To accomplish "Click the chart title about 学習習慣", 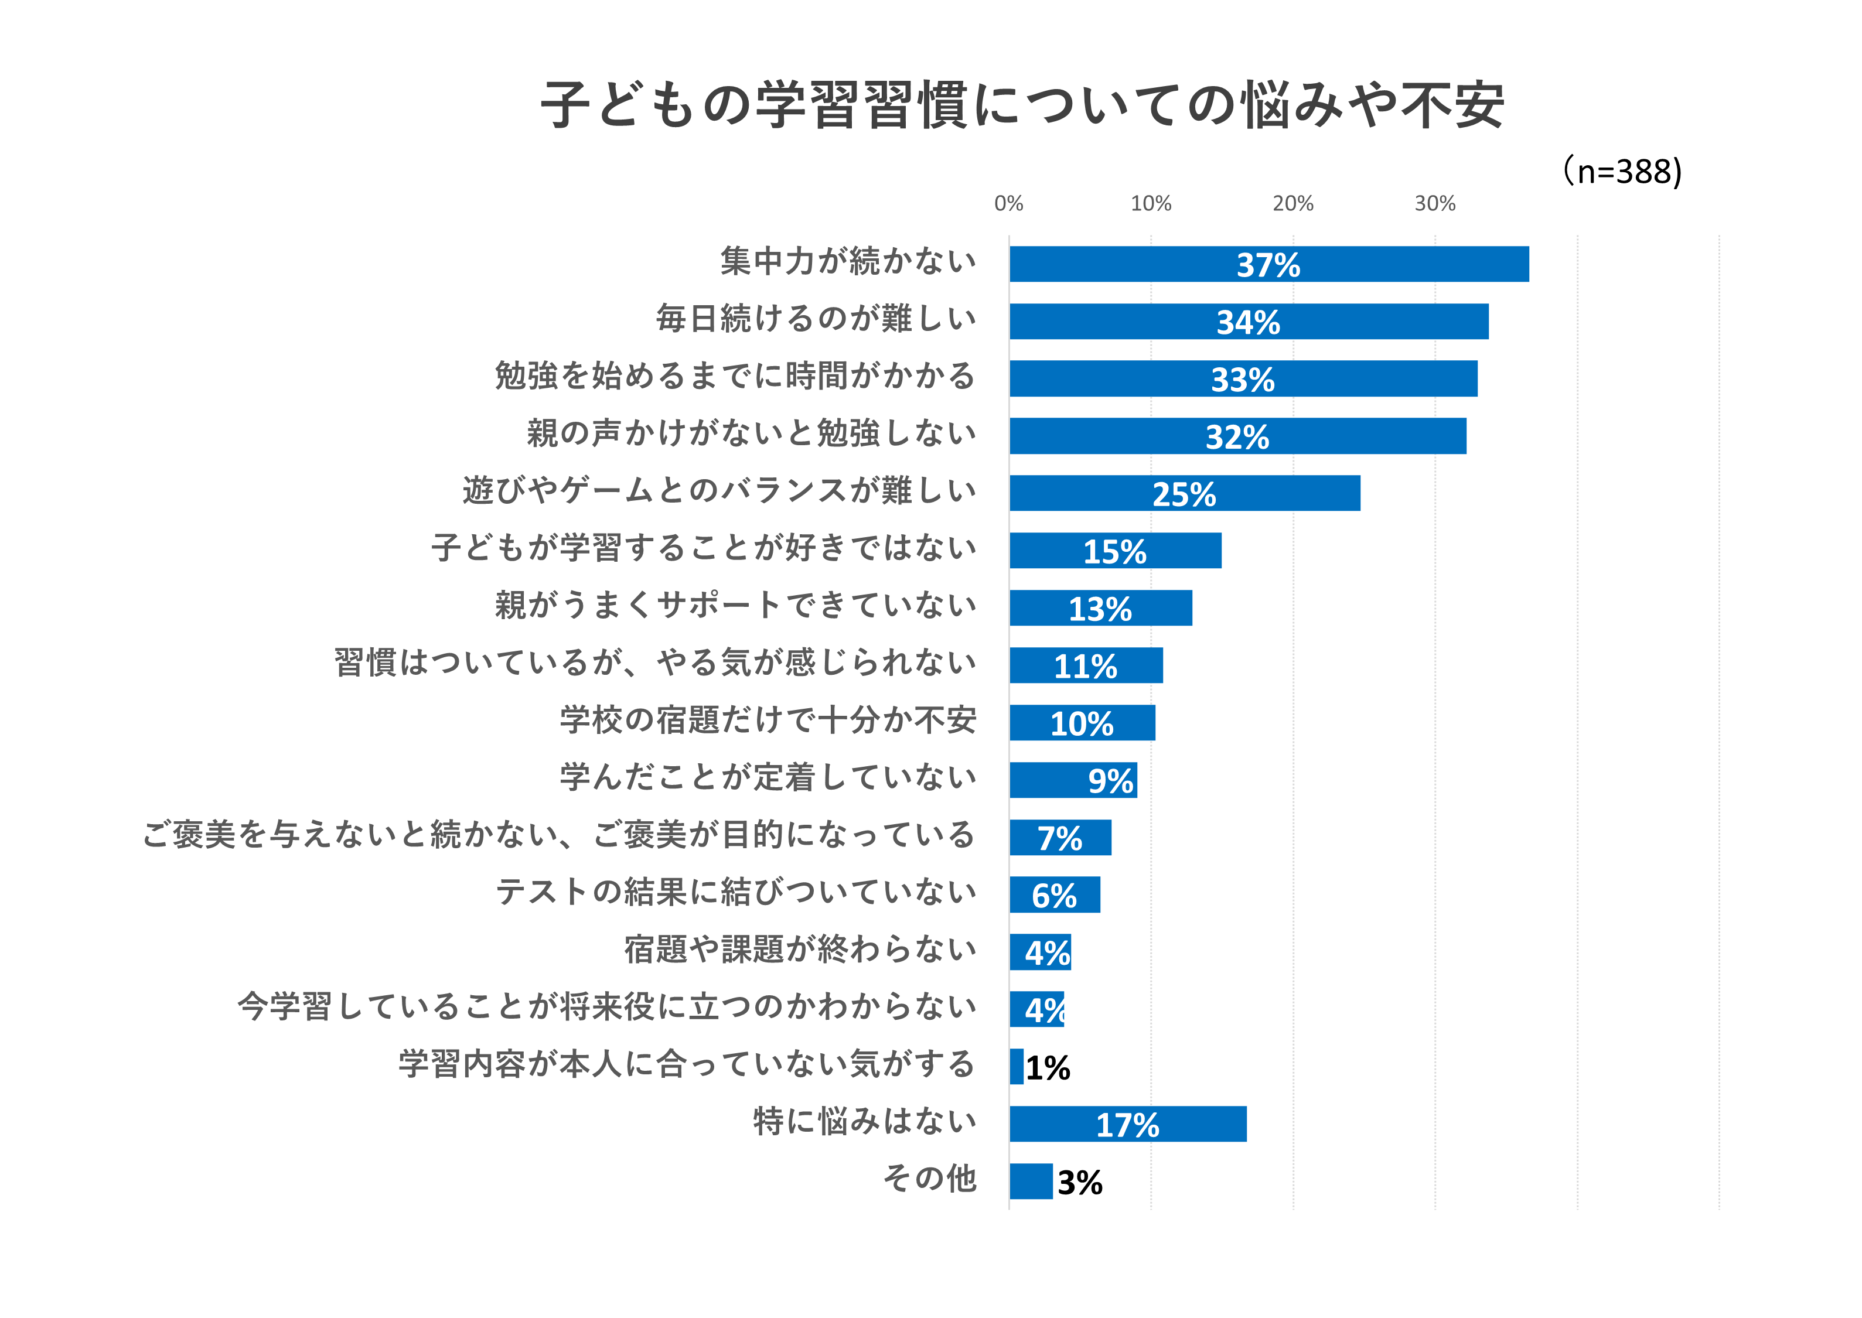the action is [x=1022, y=105].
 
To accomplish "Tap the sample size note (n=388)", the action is [x=1622, y=171].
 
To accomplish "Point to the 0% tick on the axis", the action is [x=1009, y=204].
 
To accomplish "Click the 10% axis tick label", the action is [x=1151, y=204].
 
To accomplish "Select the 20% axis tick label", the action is [x=1293, y=204].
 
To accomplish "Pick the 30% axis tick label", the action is [x=1435, y=204].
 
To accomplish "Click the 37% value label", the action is [x=1268, y=265].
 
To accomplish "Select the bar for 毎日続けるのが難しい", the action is [x=1249, y=322].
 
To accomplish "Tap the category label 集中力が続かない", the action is [x=848, y=261].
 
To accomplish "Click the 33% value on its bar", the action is [x=1243, y=380].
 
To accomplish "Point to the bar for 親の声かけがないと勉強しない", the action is [x=1238, y=436].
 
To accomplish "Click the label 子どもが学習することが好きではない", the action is [x=704, y=548].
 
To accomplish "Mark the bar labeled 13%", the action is [x=1101, y=608].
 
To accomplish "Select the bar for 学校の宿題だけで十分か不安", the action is [x=1083, y=722].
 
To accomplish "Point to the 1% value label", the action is [x=1048, y=1068].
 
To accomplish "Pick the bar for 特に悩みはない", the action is [x=1128, y=1124].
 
